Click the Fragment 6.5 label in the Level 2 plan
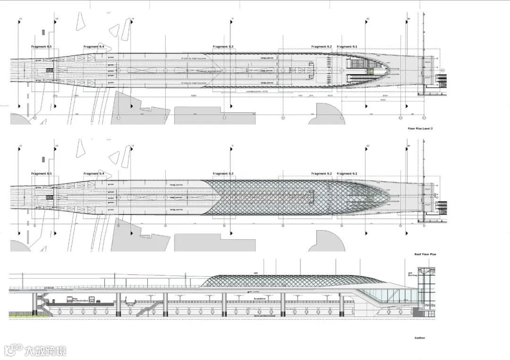[42, 47]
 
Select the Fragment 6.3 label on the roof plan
[223, 174]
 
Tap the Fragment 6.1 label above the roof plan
[347, 174]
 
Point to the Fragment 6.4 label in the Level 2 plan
[93, 47]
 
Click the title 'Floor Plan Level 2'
[420, 128]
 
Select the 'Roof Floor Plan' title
[425, 254]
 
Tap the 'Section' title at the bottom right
[419, 338]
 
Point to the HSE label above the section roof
[255, 273]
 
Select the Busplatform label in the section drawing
[260, 299]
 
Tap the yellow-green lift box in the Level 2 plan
[371, 72]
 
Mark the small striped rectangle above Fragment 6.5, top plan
[42, 32]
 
